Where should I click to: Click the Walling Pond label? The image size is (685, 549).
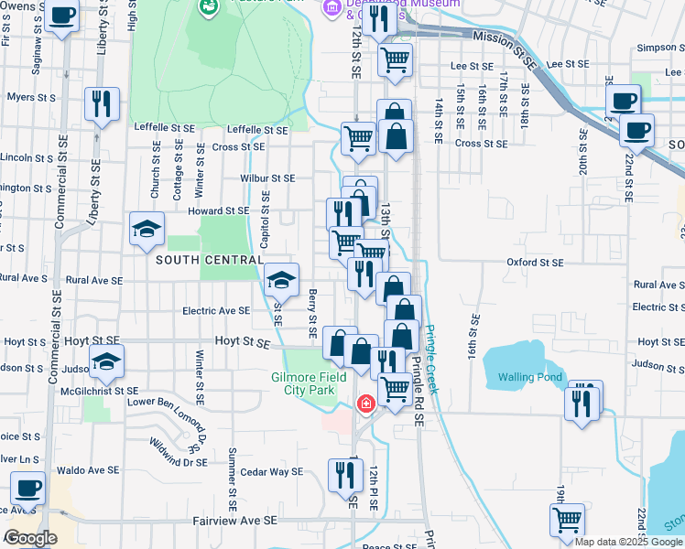tap(528, 378)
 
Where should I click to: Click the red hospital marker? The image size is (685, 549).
tap(365, 404)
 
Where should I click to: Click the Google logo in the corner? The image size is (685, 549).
tap(30, 538)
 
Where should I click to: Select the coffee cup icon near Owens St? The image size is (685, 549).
tap(62, 16)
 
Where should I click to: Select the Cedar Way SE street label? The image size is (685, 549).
tap(271, 472)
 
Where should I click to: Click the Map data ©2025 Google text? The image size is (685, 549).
tap(627, 542)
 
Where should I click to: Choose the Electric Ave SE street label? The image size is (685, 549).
tap(216, 311)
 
